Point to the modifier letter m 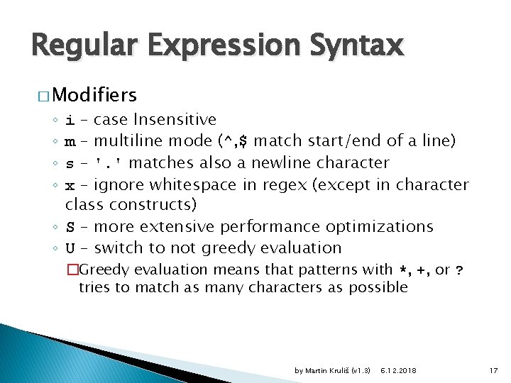click(70, 141)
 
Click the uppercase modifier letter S click(70, 227)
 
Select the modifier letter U click(70, 248)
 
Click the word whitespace click(179, 184)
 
